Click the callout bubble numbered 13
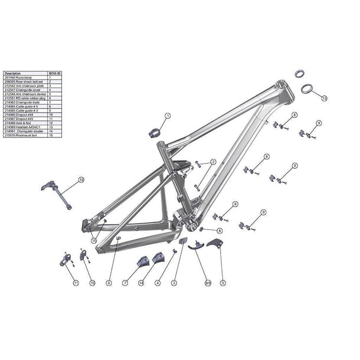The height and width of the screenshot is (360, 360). [324, 97]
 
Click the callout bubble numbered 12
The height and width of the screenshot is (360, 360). [81, 179]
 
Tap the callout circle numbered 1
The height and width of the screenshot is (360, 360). [167, 116]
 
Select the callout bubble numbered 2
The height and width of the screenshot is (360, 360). [213, 162]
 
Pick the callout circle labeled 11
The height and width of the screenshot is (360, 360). [76, 283]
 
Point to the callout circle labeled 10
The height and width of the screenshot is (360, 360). [92, 283]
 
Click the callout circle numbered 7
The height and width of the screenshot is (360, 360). [125, 283]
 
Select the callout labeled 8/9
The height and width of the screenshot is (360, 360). [207, 283]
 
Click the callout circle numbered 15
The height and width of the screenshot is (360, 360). [94, 240]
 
